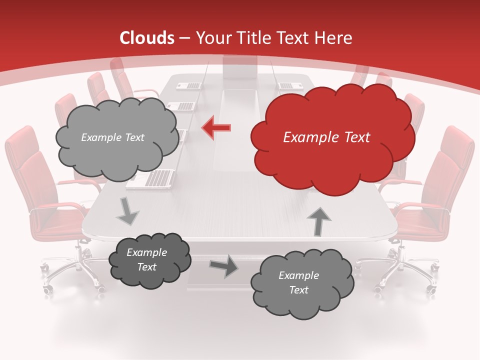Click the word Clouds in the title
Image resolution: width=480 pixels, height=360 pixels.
147,38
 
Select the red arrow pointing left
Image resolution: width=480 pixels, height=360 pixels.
216,128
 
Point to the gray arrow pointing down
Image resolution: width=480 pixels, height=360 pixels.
127,211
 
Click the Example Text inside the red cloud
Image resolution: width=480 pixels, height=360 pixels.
326,137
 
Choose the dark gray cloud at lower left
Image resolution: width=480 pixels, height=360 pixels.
149,260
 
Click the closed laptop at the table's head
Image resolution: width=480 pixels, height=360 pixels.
240,67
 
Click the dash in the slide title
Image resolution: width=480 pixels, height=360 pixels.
184,38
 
